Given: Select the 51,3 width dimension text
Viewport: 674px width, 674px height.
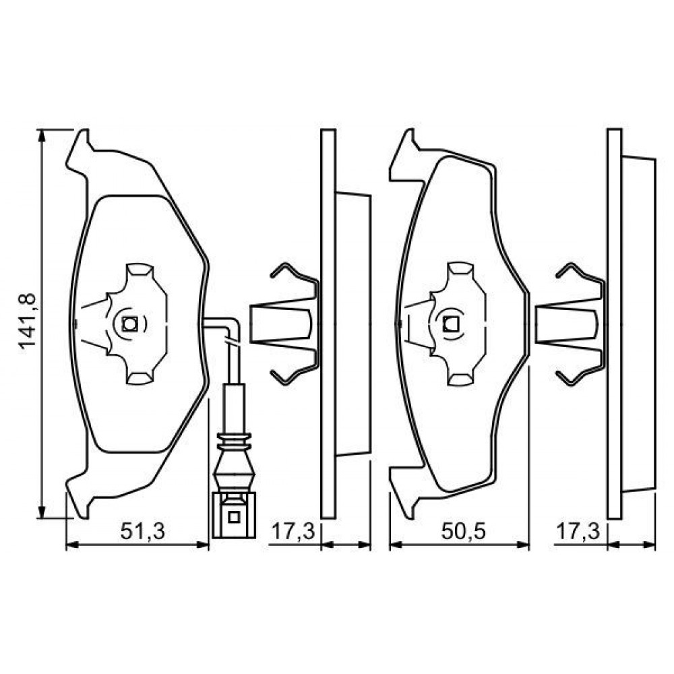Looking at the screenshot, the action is click(x=142, y=532).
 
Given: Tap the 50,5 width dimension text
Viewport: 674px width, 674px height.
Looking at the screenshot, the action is click(x=464, y=532).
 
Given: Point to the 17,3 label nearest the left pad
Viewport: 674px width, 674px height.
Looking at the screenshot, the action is click(x=293, y=532).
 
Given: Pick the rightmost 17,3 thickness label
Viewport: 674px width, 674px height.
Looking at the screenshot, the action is click(x=578, y=532).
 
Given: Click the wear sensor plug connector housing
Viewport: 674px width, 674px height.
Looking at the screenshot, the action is click(x=234, y=515).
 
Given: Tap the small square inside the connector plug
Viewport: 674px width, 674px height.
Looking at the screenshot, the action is click(x=234, y=517).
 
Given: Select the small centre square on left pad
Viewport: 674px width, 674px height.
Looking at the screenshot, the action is click(x=129, y=324).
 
